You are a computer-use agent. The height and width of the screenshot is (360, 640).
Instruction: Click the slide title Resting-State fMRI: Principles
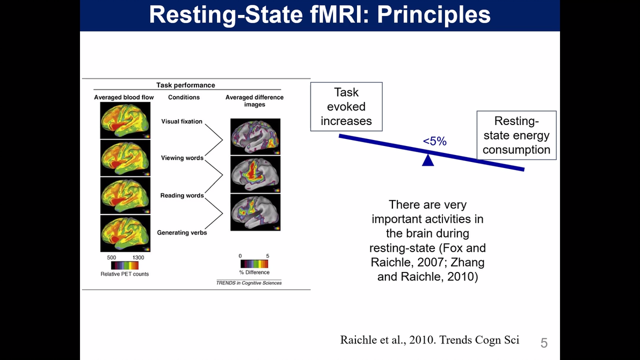319,15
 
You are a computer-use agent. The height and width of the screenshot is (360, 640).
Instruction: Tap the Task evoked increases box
346,107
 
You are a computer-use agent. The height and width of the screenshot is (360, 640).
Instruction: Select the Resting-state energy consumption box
516,135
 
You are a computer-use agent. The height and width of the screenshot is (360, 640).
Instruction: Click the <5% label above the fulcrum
434,142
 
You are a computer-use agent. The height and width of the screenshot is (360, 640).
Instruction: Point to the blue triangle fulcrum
428,160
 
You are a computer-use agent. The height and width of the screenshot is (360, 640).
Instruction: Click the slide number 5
544,343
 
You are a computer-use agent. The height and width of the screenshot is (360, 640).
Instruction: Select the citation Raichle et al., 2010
430,340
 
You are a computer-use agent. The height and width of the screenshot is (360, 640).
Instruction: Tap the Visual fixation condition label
181,121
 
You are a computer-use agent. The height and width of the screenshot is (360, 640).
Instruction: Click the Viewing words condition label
182,158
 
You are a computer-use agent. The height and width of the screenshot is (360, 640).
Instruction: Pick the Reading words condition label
182,195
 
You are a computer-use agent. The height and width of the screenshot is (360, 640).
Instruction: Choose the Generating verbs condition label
181,233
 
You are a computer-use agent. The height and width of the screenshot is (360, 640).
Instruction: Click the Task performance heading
186,85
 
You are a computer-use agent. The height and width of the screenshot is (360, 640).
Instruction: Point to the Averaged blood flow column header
124,97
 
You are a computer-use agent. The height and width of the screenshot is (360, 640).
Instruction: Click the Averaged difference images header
254,100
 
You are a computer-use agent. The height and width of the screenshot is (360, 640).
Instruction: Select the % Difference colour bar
254,264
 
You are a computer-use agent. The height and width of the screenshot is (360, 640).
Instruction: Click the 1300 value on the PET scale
138,258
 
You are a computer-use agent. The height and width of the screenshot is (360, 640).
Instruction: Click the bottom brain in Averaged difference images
256,212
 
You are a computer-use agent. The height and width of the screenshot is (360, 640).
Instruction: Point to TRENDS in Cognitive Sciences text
249,283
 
